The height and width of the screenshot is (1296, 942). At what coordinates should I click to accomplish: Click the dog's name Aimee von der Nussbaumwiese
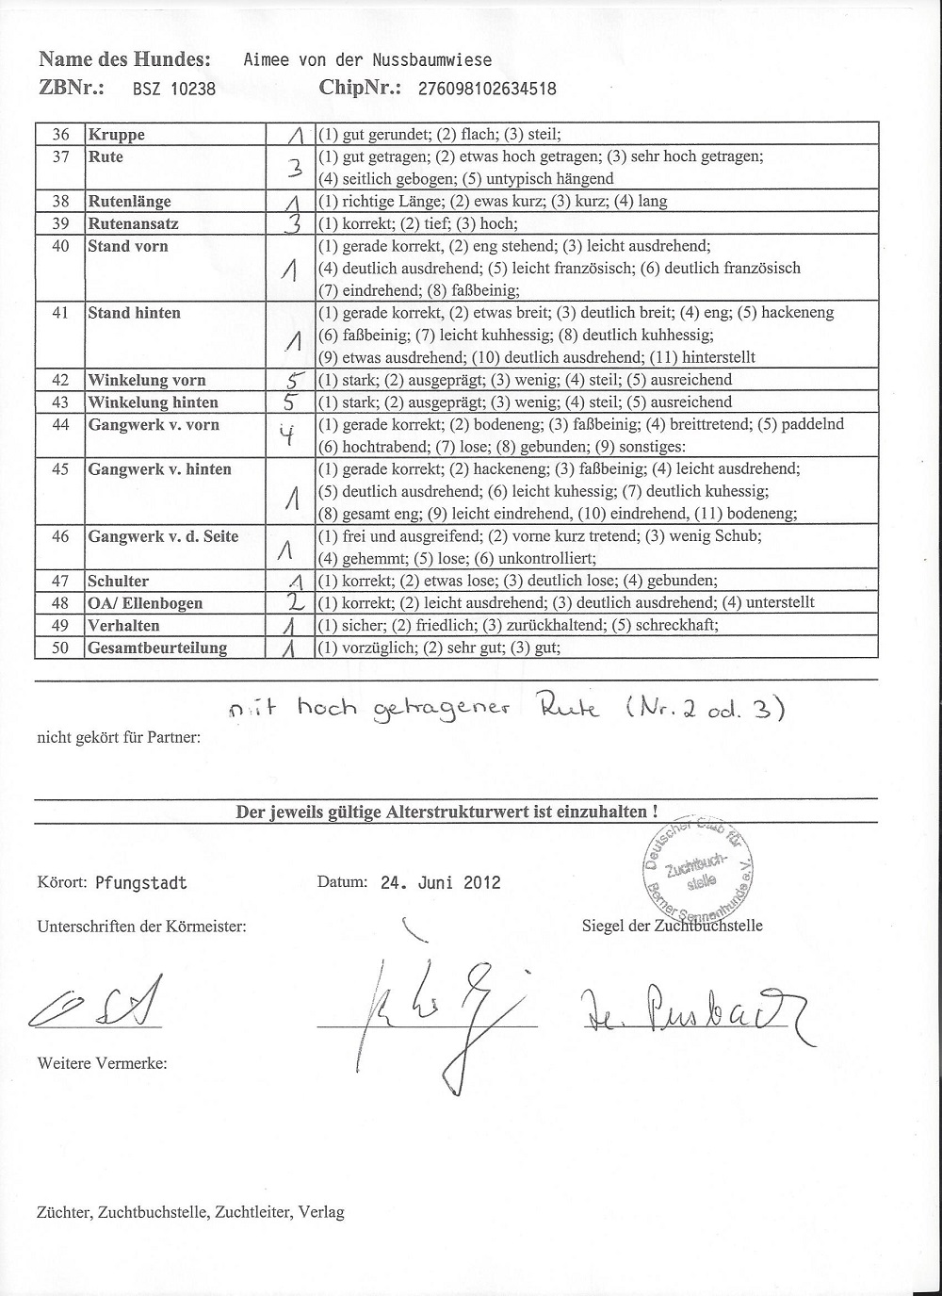coord(367,60)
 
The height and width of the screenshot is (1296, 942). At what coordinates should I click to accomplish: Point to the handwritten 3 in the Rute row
coord(294,168)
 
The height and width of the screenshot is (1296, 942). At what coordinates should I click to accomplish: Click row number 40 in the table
coord(60,246)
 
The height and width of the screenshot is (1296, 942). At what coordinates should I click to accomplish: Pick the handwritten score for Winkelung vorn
coord(294,380)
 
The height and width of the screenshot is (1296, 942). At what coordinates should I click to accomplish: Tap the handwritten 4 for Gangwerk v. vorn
coord(293,435)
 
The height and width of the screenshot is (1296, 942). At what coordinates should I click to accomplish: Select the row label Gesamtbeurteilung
coord(157,648)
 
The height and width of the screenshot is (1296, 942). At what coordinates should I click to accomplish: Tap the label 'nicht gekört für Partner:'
coord(119,736)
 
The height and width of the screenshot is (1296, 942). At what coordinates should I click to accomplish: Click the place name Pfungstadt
coord(141,883)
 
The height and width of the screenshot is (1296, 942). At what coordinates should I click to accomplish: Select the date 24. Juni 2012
coord(441,883)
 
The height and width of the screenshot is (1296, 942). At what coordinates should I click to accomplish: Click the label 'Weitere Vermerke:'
coord(102,1063)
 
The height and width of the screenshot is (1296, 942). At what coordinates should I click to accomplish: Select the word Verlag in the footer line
coord(321,1212)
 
